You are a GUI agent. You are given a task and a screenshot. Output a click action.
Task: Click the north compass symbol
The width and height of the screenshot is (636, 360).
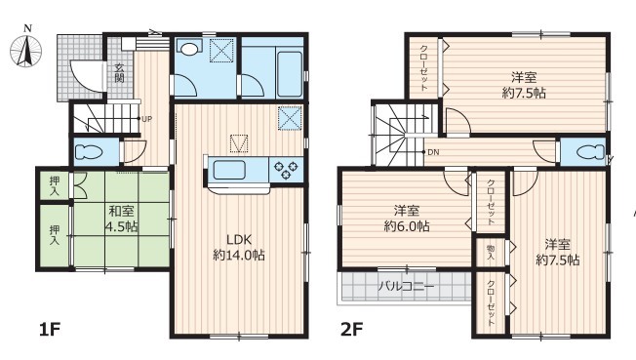click(26, 48)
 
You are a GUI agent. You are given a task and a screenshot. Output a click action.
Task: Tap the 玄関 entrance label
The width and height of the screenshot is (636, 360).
click(119, 73)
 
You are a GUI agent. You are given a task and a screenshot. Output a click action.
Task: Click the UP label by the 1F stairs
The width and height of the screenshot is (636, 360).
click(147, 119)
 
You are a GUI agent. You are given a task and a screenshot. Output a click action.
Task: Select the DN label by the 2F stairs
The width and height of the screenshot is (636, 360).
click(433, 152)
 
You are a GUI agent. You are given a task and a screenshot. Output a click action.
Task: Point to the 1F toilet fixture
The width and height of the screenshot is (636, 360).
click(89, 152)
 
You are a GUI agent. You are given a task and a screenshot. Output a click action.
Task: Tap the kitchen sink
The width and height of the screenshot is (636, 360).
click(229, 170)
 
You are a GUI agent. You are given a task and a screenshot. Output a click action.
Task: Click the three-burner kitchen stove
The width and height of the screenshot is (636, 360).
click(286, 170)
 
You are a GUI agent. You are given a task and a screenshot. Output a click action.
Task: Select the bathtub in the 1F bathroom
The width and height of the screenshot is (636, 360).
click(289, 73)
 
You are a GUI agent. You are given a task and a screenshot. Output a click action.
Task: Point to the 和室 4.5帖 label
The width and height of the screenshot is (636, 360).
click(121, 219)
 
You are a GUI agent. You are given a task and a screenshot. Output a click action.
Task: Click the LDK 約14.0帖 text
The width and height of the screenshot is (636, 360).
click(239, 247)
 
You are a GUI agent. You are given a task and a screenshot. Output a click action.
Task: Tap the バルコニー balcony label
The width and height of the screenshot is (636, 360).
click(406, 287)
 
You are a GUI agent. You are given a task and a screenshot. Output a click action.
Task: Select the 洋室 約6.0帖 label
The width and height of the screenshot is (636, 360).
click(407, 219)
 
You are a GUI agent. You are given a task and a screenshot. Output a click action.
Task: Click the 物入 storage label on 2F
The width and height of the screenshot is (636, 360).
click(491, 253)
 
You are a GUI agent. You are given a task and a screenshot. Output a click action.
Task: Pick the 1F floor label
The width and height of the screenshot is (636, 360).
click(50, 329)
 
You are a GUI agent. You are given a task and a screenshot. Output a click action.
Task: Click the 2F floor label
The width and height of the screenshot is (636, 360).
click(352, 329)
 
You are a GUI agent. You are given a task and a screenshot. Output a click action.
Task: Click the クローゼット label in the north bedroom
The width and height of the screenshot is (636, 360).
click(424, 68)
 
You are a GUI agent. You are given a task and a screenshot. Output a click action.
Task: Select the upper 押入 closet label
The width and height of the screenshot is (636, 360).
click(55, 186)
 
